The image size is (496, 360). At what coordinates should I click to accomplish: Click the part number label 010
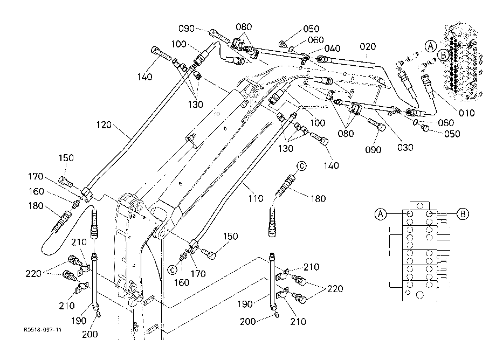pos(466,113)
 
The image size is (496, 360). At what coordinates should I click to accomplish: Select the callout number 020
pos(368,47)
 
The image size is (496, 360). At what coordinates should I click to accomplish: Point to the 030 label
pos(405,147)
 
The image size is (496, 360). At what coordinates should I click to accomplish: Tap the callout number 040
pos(332,48)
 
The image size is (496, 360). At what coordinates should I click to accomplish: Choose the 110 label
pos(255,198)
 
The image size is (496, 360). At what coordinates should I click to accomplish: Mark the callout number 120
pos(104,125)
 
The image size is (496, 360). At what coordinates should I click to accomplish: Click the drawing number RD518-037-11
pos(43,330)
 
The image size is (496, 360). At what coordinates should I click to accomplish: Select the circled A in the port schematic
pos(381,214)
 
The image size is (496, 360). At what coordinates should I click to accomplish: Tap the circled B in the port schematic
pos(463,214)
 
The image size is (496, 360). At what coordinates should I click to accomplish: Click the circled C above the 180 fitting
pos(301,165)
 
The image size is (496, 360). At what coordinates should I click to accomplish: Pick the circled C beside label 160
pos(173,269)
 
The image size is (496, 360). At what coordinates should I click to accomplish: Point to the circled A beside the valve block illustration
pos(430,46)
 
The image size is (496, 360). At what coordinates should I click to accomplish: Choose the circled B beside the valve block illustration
pos(444,56)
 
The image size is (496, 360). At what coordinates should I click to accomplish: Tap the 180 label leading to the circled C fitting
pos(318,198)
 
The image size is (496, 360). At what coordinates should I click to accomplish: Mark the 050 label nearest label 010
pos(452,134)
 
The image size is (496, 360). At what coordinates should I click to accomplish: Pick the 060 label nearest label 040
pos(316,40)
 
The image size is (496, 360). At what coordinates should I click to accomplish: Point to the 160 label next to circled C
pos(182,282)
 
